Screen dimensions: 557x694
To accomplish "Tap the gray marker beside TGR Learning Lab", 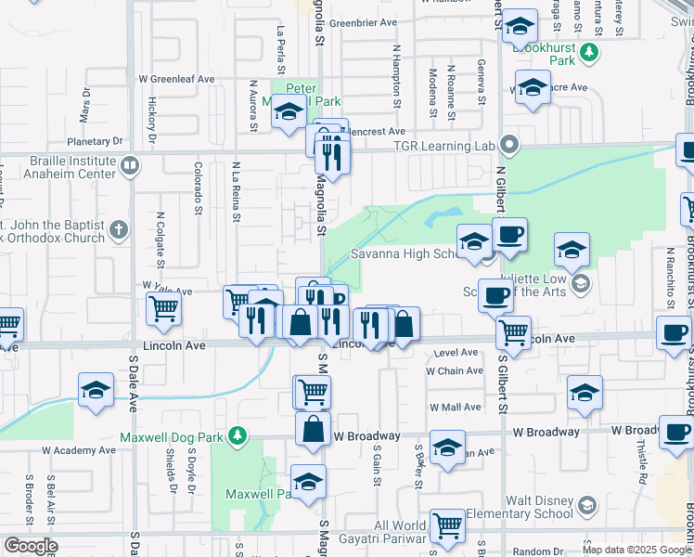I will tap(508, 145).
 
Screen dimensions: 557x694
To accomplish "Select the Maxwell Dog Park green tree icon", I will tap(238, 434).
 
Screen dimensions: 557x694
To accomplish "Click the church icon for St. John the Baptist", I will tap(117, 229).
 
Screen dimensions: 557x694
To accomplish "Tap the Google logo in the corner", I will tap(30, 546).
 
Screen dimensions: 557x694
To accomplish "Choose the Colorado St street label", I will tap(198, 187).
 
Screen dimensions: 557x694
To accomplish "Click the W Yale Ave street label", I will tap(167, 289).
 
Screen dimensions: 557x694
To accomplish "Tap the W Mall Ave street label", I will tap(455, 407).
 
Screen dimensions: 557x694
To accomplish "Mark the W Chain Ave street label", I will tap(454, 370).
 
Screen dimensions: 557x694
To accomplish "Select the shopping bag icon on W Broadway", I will tap(314, 430).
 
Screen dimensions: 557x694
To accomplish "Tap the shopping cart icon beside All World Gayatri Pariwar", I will tap(447, 525).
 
